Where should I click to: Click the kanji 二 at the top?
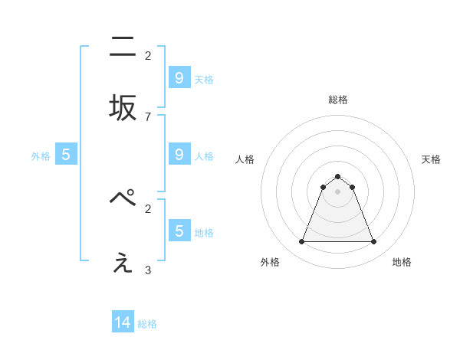123,47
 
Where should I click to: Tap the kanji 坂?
123,108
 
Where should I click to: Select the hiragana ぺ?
123,198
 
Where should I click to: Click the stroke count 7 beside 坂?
148,116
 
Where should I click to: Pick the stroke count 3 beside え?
148,270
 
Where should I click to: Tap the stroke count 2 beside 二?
148,55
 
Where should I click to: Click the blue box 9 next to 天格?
179,77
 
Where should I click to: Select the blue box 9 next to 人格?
179,155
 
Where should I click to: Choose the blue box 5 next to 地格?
179,231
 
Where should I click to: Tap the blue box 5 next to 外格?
66,155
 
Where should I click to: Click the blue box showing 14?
123,322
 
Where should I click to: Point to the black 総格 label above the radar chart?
337,100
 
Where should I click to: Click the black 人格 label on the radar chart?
245,159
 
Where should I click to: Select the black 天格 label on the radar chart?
431,159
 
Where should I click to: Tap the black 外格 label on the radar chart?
270,262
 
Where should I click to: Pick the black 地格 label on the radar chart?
402,262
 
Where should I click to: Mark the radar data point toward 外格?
301,242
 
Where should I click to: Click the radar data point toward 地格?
373,242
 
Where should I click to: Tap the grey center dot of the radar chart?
337,191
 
